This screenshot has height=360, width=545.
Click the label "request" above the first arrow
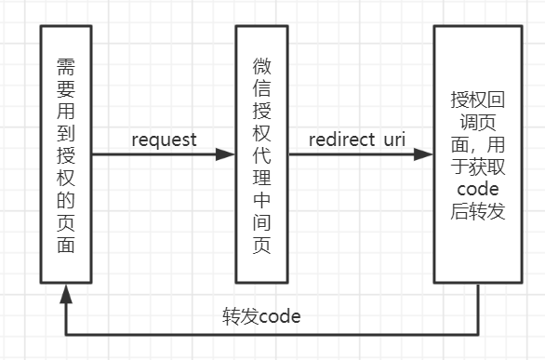pos(164,140)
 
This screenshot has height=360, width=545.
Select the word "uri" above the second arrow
pos(393,140)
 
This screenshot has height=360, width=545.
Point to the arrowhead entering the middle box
pos(226,155)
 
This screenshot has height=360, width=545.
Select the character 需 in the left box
pos(65,66)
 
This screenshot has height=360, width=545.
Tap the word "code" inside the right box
pos(479,190)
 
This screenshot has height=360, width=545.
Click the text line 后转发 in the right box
pos(479,212)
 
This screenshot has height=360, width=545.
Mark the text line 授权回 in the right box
pos(479,99)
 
